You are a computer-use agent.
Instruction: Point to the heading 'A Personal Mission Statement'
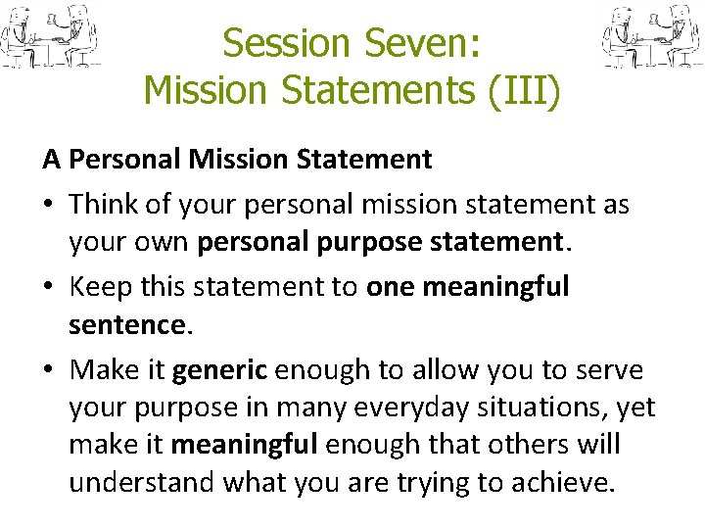tap(236, 159)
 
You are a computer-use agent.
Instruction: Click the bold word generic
tap(219, 371)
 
